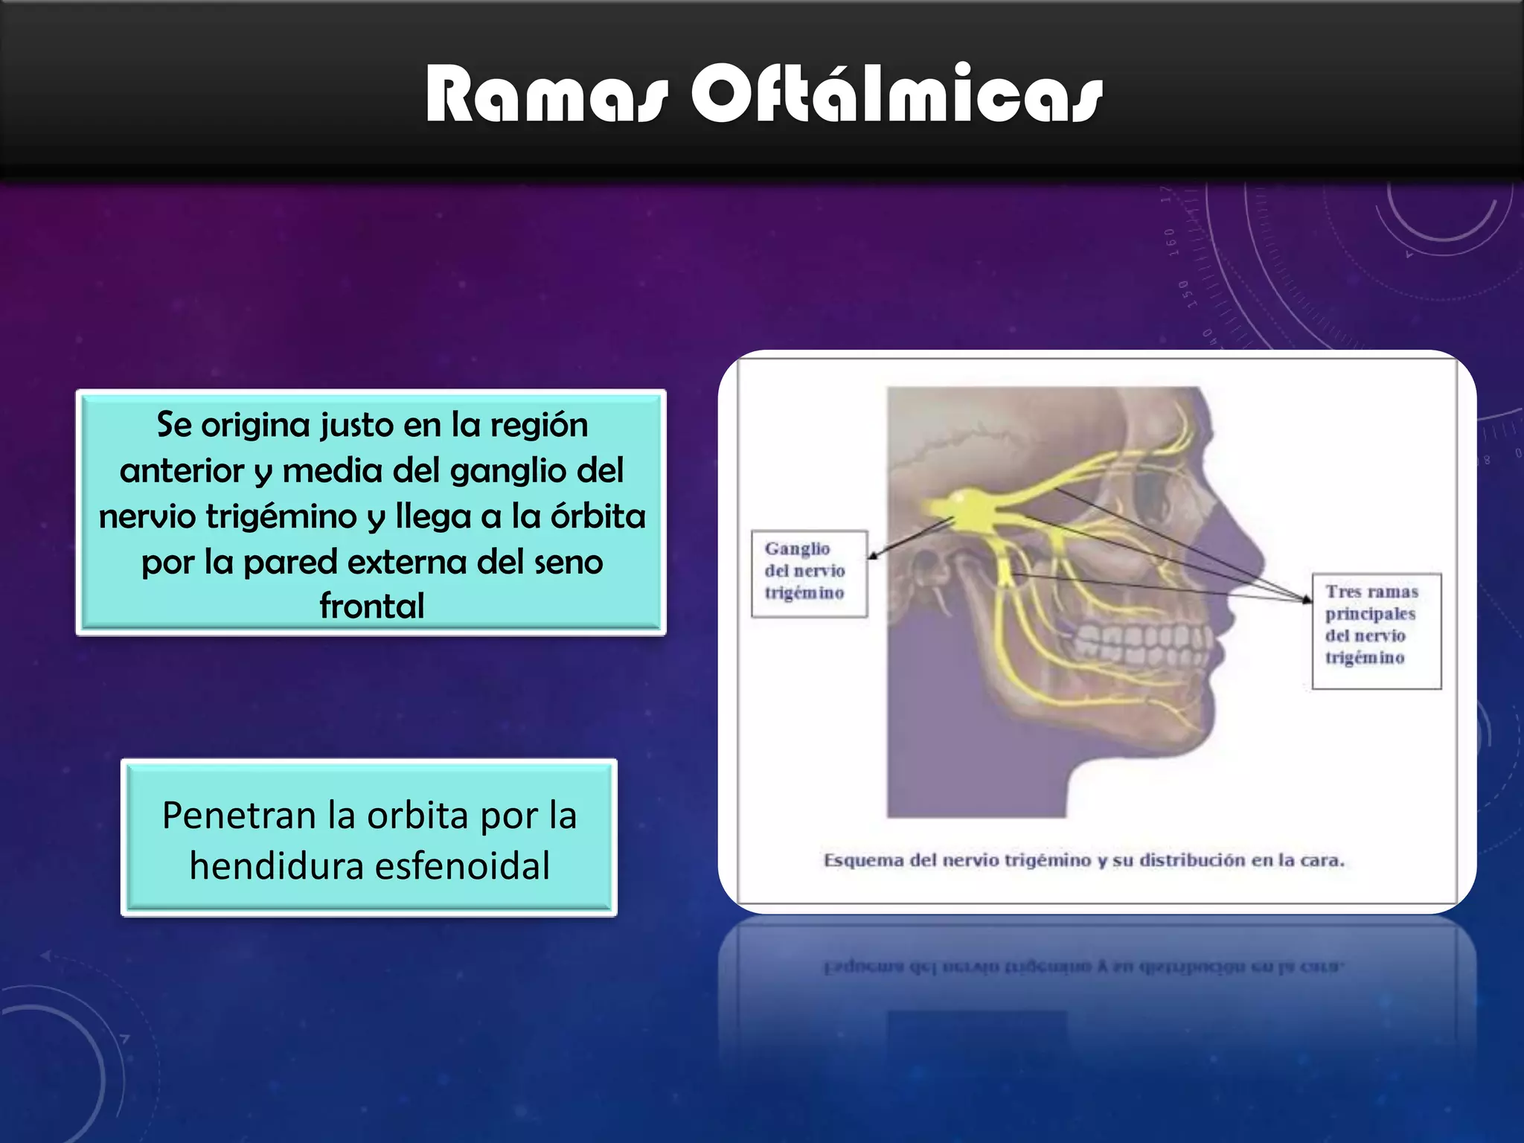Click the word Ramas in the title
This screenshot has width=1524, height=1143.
click(x=547, y=95)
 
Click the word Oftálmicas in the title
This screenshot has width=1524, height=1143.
click(x=896, y=95)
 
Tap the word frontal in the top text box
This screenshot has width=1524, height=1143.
click(x=371, y=606)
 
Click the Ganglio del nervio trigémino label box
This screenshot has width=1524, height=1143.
click(x=809, y=573)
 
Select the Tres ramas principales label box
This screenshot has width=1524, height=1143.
click(x=1376, y=630)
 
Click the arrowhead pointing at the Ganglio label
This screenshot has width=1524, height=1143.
click(x=874, y=555)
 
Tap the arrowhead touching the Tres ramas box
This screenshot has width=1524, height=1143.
click(x=1307, y=599)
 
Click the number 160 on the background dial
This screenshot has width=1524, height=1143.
click(x=1170, y=243)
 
